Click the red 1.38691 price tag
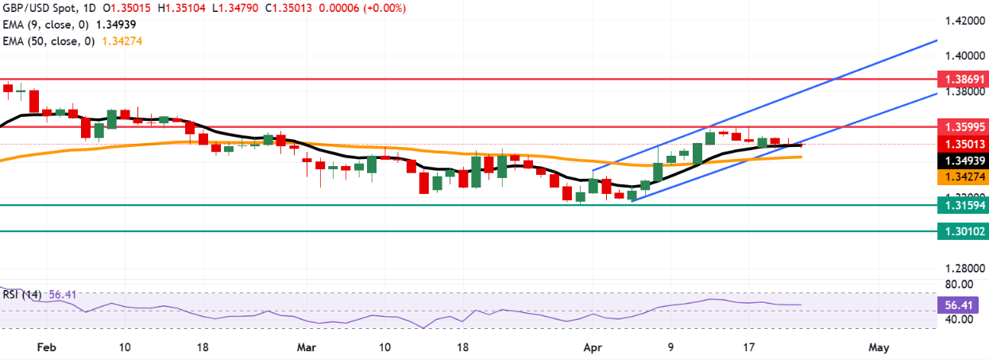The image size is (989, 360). click(961, 79)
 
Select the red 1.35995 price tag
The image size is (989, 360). click(961, 127)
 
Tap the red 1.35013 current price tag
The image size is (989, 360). click(961, 144)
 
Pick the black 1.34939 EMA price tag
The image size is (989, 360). click(961, 161)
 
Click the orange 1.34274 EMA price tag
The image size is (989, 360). click(961, 179)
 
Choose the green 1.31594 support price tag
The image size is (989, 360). click(961, 205)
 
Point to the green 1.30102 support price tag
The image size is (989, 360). click(961, 231)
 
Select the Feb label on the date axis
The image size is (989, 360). click(47, 347)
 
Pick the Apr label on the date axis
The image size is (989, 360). click(592, 347)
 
